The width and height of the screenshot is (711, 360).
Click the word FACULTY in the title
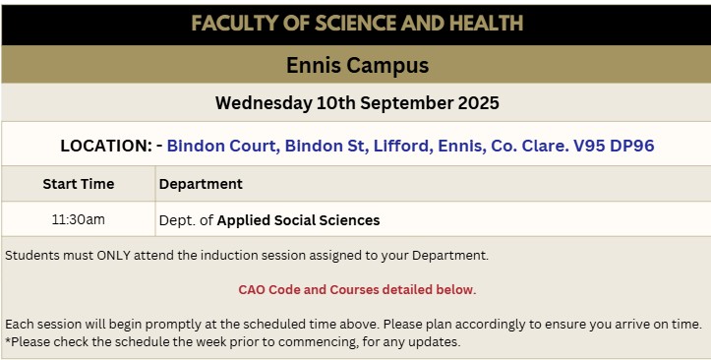(x=234, y=24)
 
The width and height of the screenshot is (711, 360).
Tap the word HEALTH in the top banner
(x=483, y=24)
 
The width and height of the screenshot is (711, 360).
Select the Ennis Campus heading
(x=357, y=65)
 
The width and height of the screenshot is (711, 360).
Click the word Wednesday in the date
(x=264, y=103)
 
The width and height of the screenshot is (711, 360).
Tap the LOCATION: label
(x=106, y=146)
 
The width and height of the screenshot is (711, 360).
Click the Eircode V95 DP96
(x=614, y=146)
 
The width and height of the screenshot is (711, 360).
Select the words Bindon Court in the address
(x=223, y=146)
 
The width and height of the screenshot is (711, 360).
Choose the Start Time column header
(x=79, y=184)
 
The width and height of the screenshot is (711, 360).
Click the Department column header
(x=201, y=184)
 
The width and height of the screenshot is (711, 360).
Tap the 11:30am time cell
(x=79, y=219)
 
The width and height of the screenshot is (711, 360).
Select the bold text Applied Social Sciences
(x=298, y=220)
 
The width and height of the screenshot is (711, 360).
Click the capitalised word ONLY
(x=113, y=256)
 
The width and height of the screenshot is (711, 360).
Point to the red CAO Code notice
(x=357, y=290)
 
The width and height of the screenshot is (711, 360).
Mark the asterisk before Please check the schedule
(x=8, y=339)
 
